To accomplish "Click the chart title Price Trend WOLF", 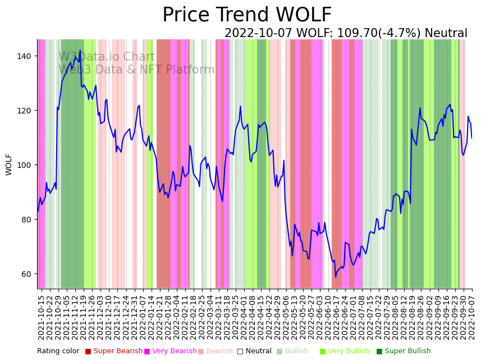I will coord(247,15).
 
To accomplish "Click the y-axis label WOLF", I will coord(9,164).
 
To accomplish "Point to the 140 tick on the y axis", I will coord(29,56).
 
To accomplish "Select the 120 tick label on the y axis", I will coord(29,111).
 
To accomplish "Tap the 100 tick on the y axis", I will coord(29,165).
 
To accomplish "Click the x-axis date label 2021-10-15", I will coord(41,315).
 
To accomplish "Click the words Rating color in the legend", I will coord(58,351).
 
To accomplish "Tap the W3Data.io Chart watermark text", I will coord(107,57).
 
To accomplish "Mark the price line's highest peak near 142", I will coord(80,51).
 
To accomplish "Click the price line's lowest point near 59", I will coord(336,276).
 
